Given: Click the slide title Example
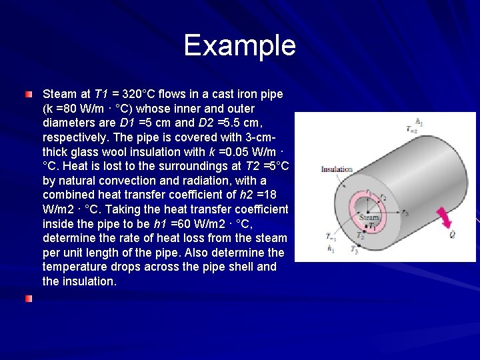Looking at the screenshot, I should coord(239,45).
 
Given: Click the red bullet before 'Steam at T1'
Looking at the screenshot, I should coord(28,95).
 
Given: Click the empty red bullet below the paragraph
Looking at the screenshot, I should coord(28,299).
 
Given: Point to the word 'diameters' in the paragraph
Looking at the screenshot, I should coord(69,122).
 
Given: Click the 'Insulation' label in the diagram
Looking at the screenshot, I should coord(336,170).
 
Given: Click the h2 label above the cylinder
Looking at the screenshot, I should coord(419,122).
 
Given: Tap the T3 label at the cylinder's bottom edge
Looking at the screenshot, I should coord(375,251).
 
